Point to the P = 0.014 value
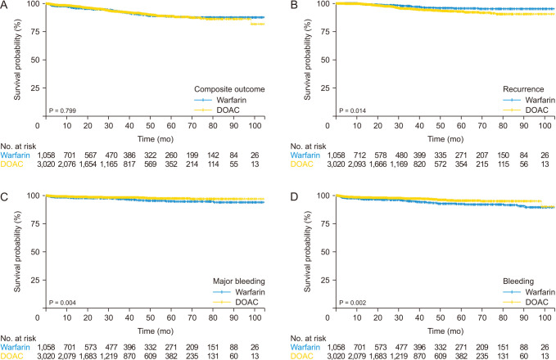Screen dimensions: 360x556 344,110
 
